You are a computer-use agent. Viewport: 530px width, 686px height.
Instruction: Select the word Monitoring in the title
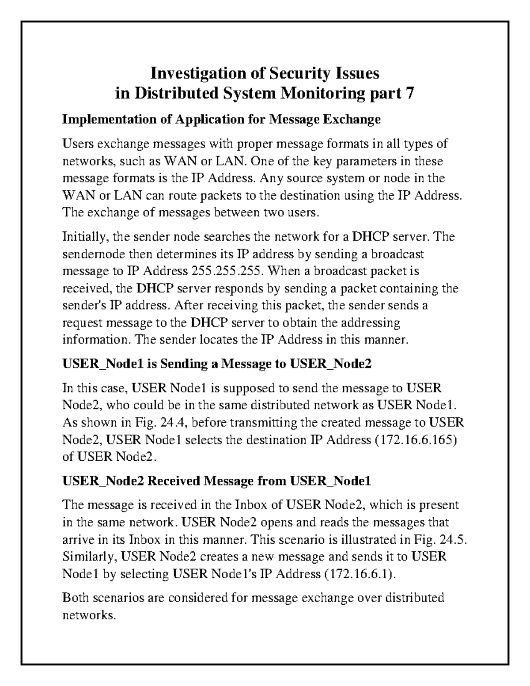pyautogui.click(x=318, y=94)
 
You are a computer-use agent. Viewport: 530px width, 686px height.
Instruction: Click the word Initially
pyautogui.click(x=86, y=237)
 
